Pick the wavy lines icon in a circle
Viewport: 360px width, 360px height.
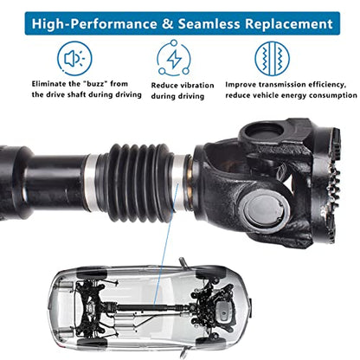coord(271,58)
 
